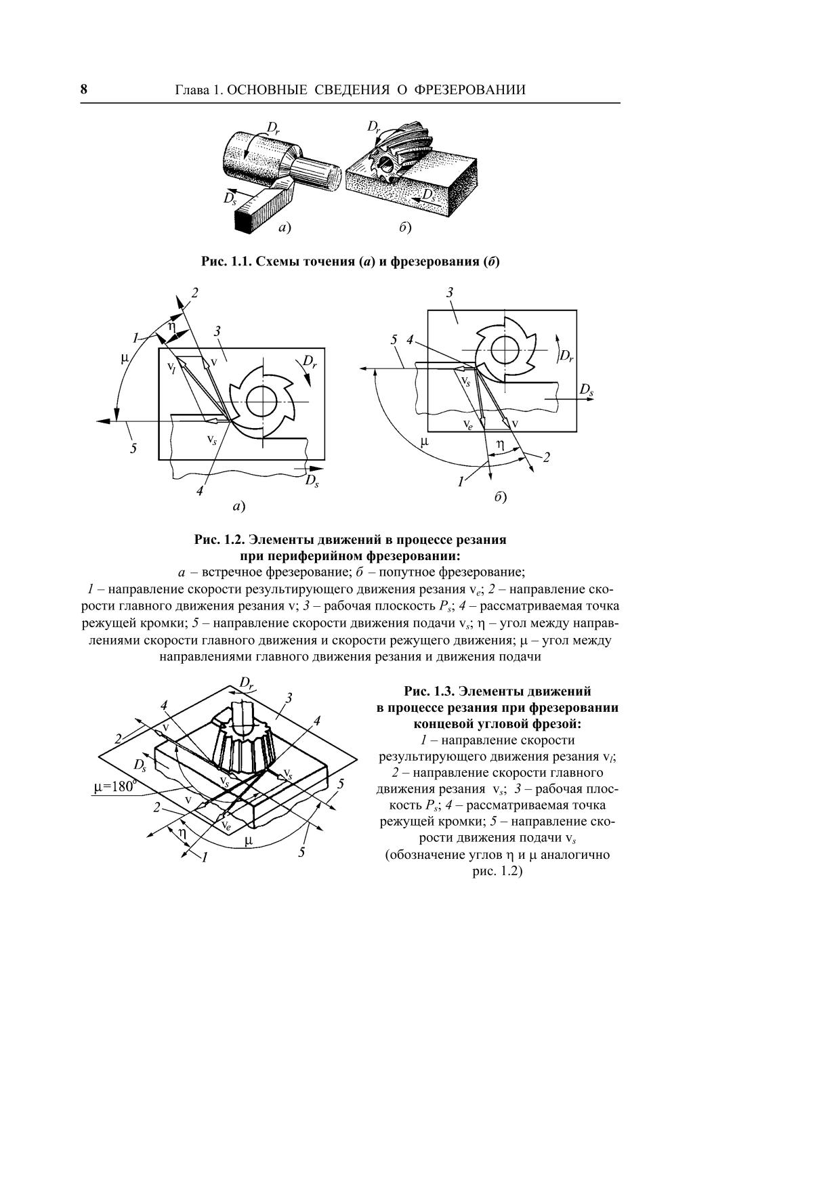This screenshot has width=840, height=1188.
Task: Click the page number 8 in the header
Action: point(84,89)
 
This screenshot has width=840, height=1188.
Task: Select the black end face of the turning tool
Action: point(243,220)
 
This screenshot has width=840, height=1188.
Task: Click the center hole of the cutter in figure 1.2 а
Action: point(260,402)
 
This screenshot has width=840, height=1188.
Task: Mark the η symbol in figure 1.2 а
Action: point(172,326)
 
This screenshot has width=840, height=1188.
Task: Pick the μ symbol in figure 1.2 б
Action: point(424,442)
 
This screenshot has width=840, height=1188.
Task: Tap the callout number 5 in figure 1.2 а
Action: point(133,448)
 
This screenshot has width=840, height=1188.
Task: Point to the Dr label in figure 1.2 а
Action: point(310,362)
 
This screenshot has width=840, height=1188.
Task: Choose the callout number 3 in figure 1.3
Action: point(289,698)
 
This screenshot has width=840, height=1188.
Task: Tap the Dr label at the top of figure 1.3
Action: point(247,683)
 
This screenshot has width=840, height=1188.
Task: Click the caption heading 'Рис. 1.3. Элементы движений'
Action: point(497,692)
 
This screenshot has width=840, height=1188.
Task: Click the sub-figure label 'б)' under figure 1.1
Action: point(405,228)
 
